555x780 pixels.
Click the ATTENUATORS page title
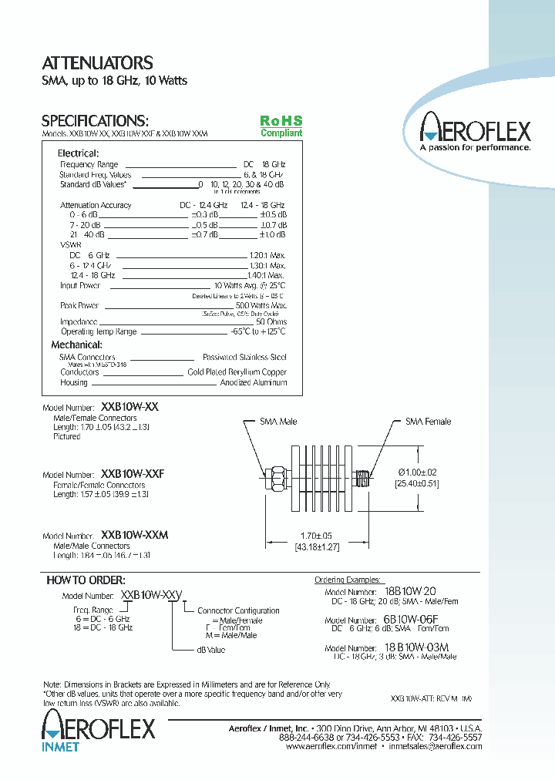click(97, 63)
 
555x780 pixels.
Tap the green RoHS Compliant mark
click(281, 126)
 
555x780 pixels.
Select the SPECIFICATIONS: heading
click(94, 121)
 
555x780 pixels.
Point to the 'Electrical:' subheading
click(78, 153)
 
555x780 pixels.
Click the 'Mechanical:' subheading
click(76, 345)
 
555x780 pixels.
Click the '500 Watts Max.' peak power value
click(261, 305)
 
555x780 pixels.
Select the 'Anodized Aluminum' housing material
click(254, 382)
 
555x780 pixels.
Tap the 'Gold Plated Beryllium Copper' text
click(237, 372)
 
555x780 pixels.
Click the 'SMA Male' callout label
click(278, 422)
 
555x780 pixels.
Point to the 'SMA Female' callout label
click(429, 422)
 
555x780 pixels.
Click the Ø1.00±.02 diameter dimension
click(417, 472)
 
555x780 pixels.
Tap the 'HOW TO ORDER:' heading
click(86, 580)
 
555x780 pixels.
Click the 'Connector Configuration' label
click(238, 610)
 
